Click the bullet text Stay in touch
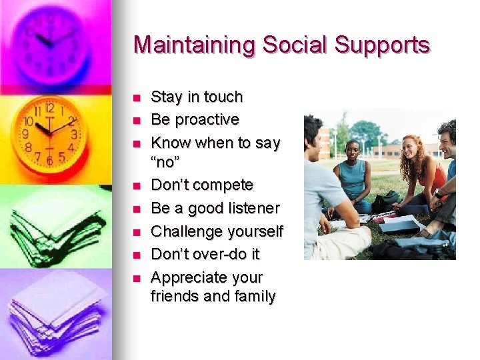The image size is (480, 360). tap(197, 97)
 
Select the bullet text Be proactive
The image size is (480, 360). tap(195, 119)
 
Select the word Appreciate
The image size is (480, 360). tap(189, 277)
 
